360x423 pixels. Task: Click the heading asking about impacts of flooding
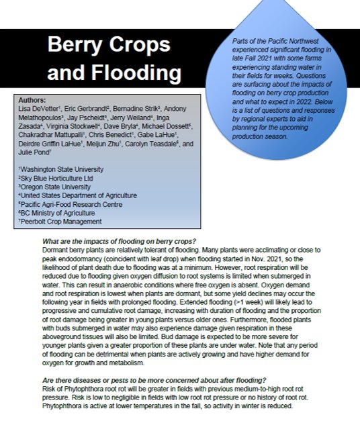[x=118, y=242]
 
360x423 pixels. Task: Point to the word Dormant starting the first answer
[x=54, y=250]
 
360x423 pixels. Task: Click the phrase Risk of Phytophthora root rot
[x=88, y=389]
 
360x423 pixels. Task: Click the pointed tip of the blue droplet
[x=294, y=2]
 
